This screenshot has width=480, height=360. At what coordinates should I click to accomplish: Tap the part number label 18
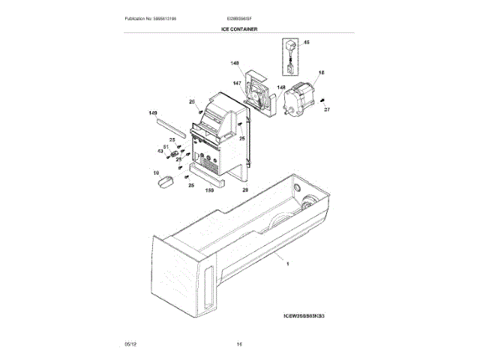pos(321,73)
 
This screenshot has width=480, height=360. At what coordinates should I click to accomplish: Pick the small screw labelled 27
pos(321,100)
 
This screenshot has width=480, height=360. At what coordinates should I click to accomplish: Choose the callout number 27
pos(326,110)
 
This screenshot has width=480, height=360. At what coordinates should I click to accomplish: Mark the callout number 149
pos(153,113)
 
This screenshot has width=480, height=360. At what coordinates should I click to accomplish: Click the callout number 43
pos(160,151)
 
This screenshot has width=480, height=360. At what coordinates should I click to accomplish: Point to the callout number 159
pos(210,190)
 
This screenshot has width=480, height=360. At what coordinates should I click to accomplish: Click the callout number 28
pos(245,190)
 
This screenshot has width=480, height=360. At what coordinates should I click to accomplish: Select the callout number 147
pos(236,83)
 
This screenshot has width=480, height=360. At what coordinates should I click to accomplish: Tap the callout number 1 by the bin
pos(286,262)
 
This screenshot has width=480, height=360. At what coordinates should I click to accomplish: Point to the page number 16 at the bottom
pos(239,343)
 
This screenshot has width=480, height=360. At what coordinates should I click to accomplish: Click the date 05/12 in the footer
pos(130,343)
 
